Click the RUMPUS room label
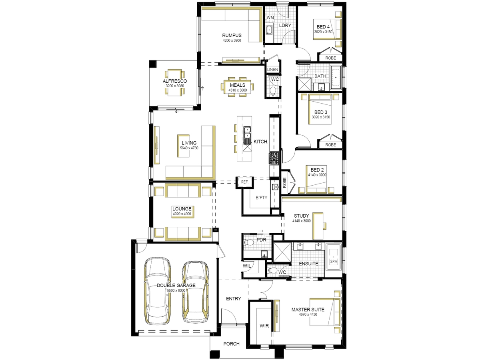(232, 35)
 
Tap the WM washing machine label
(270, 18)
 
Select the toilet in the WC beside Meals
(273, 92)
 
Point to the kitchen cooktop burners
(274, 158)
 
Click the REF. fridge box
(245, 182)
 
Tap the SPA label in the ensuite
(334, 262)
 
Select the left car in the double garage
(157, 291)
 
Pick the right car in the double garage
(195, 292)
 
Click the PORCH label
(231, 344)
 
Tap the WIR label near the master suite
(264, 326)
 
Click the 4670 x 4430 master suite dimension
(308, 314)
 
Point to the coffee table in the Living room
(183, 146)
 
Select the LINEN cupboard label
(272, 70)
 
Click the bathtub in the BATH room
(336, 77)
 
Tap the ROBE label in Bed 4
(330, 58)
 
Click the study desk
(318, 226)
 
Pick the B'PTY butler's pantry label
(262, 198)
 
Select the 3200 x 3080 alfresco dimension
(175, 86)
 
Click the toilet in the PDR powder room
(248, 242)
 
